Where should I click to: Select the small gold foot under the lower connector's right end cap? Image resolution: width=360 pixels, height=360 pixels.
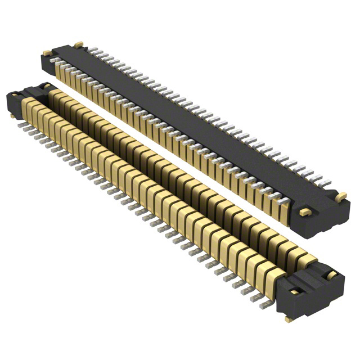289,319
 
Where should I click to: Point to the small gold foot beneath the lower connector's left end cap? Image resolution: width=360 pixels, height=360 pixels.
12,116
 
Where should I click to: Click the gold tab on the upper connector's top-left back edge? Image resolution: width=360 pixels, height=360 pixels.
80,43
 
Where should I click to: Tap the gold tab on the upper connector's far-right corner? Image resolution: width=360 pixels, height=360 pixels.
340,196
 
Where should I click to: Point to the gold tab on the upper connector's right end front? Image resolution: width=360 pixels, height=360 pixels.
304,212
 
